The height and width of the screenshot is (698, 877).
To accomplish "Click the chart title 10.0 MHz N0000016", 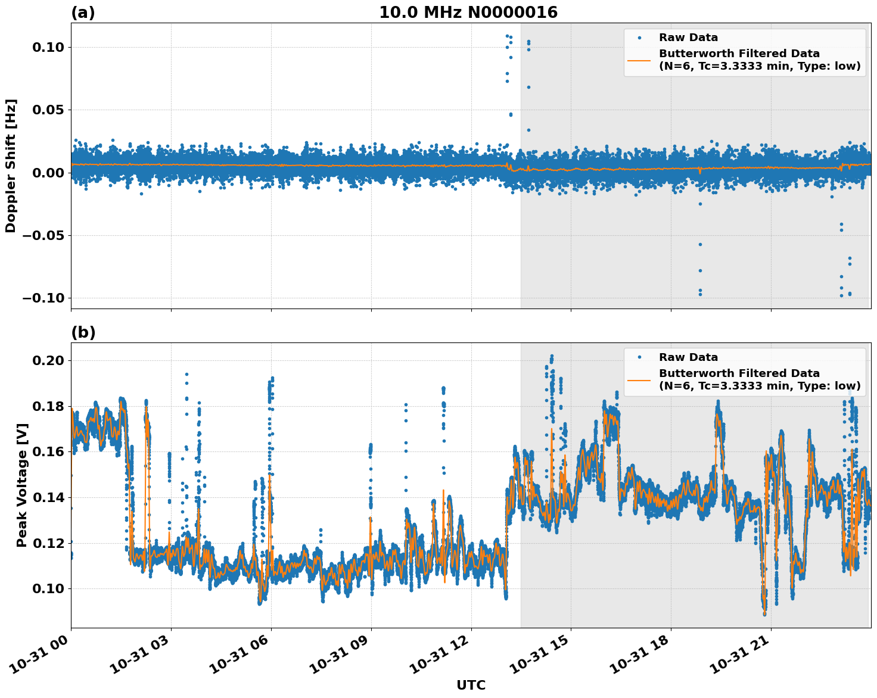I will click(468, 13).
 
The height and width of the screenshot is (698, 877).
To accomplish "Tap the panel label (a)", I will click(83, 13).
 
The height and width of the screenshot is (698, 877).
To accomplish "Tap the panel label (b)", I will click(83, 332).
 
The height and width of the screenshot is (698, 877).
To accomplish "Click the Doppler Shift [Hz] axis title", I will click(11, 166).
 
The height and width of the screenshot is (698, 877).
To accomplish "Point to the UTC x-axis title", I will click(471, 685).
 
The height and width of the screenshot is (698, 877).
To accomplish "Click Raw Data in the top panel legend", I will click(688, 38).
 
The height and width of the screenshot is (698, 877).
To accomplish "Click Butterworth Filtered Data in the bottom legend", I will click(739, 373).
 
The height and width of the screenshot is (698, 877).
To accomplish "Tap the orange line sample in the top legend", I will click(639, 60).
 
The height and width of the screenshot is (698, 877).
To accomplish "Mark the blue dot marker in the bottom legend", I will click(639, 357).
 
